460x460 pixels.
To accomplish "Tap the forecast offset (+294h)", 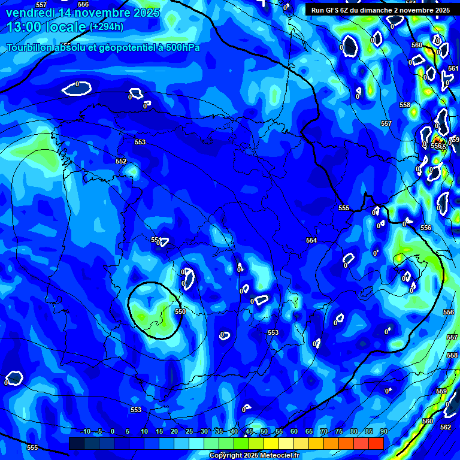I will (107, 27).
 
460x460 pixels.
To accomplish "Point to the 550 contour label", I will (180, 311).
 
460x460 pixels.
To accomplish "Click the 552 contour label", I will (121, 161).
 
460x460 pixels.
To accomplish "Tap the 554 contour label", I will (311, 240).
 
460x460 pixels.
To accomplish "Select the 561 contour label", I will (453, 68).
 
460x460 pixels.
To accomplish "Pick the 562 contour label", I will (445, 427).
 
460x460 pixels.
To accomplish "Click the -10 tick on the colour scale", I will (85, 431).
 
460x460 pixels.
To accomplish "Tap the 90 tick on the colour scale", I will (383, 431).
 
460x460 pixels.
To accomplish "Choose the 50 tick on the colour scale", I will (264, 431).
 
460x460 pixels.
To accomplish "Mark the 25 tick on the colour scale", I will (189, 431).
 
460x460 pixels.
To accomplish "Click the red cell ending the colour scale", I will (376, 443).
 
